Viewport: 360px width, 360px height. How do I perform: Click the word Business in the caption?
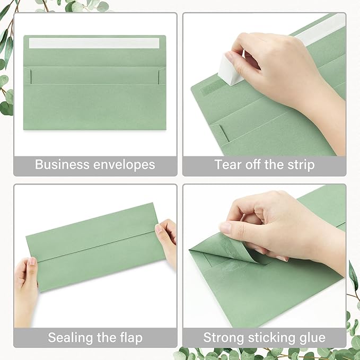pyautogui.click(x=58, y=164)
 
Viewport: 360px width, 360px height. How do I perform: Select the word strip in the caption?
pyautogui.click(x=300, y=164)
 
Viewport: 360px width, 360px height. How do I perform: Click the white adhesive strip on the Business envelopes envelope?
pyautogui.click(x=94, y=43)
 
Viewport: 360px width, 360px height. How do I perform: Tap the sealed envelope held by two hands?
pyautogui.click(x=95, y=247)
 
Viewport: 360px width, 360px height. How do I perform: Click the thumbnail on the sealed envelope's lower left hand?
pyautogui.click(x=32, y=261)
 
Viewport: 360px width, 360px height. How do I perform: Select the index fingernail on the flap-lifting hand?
pyautogui.click(x=225, y=228)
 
